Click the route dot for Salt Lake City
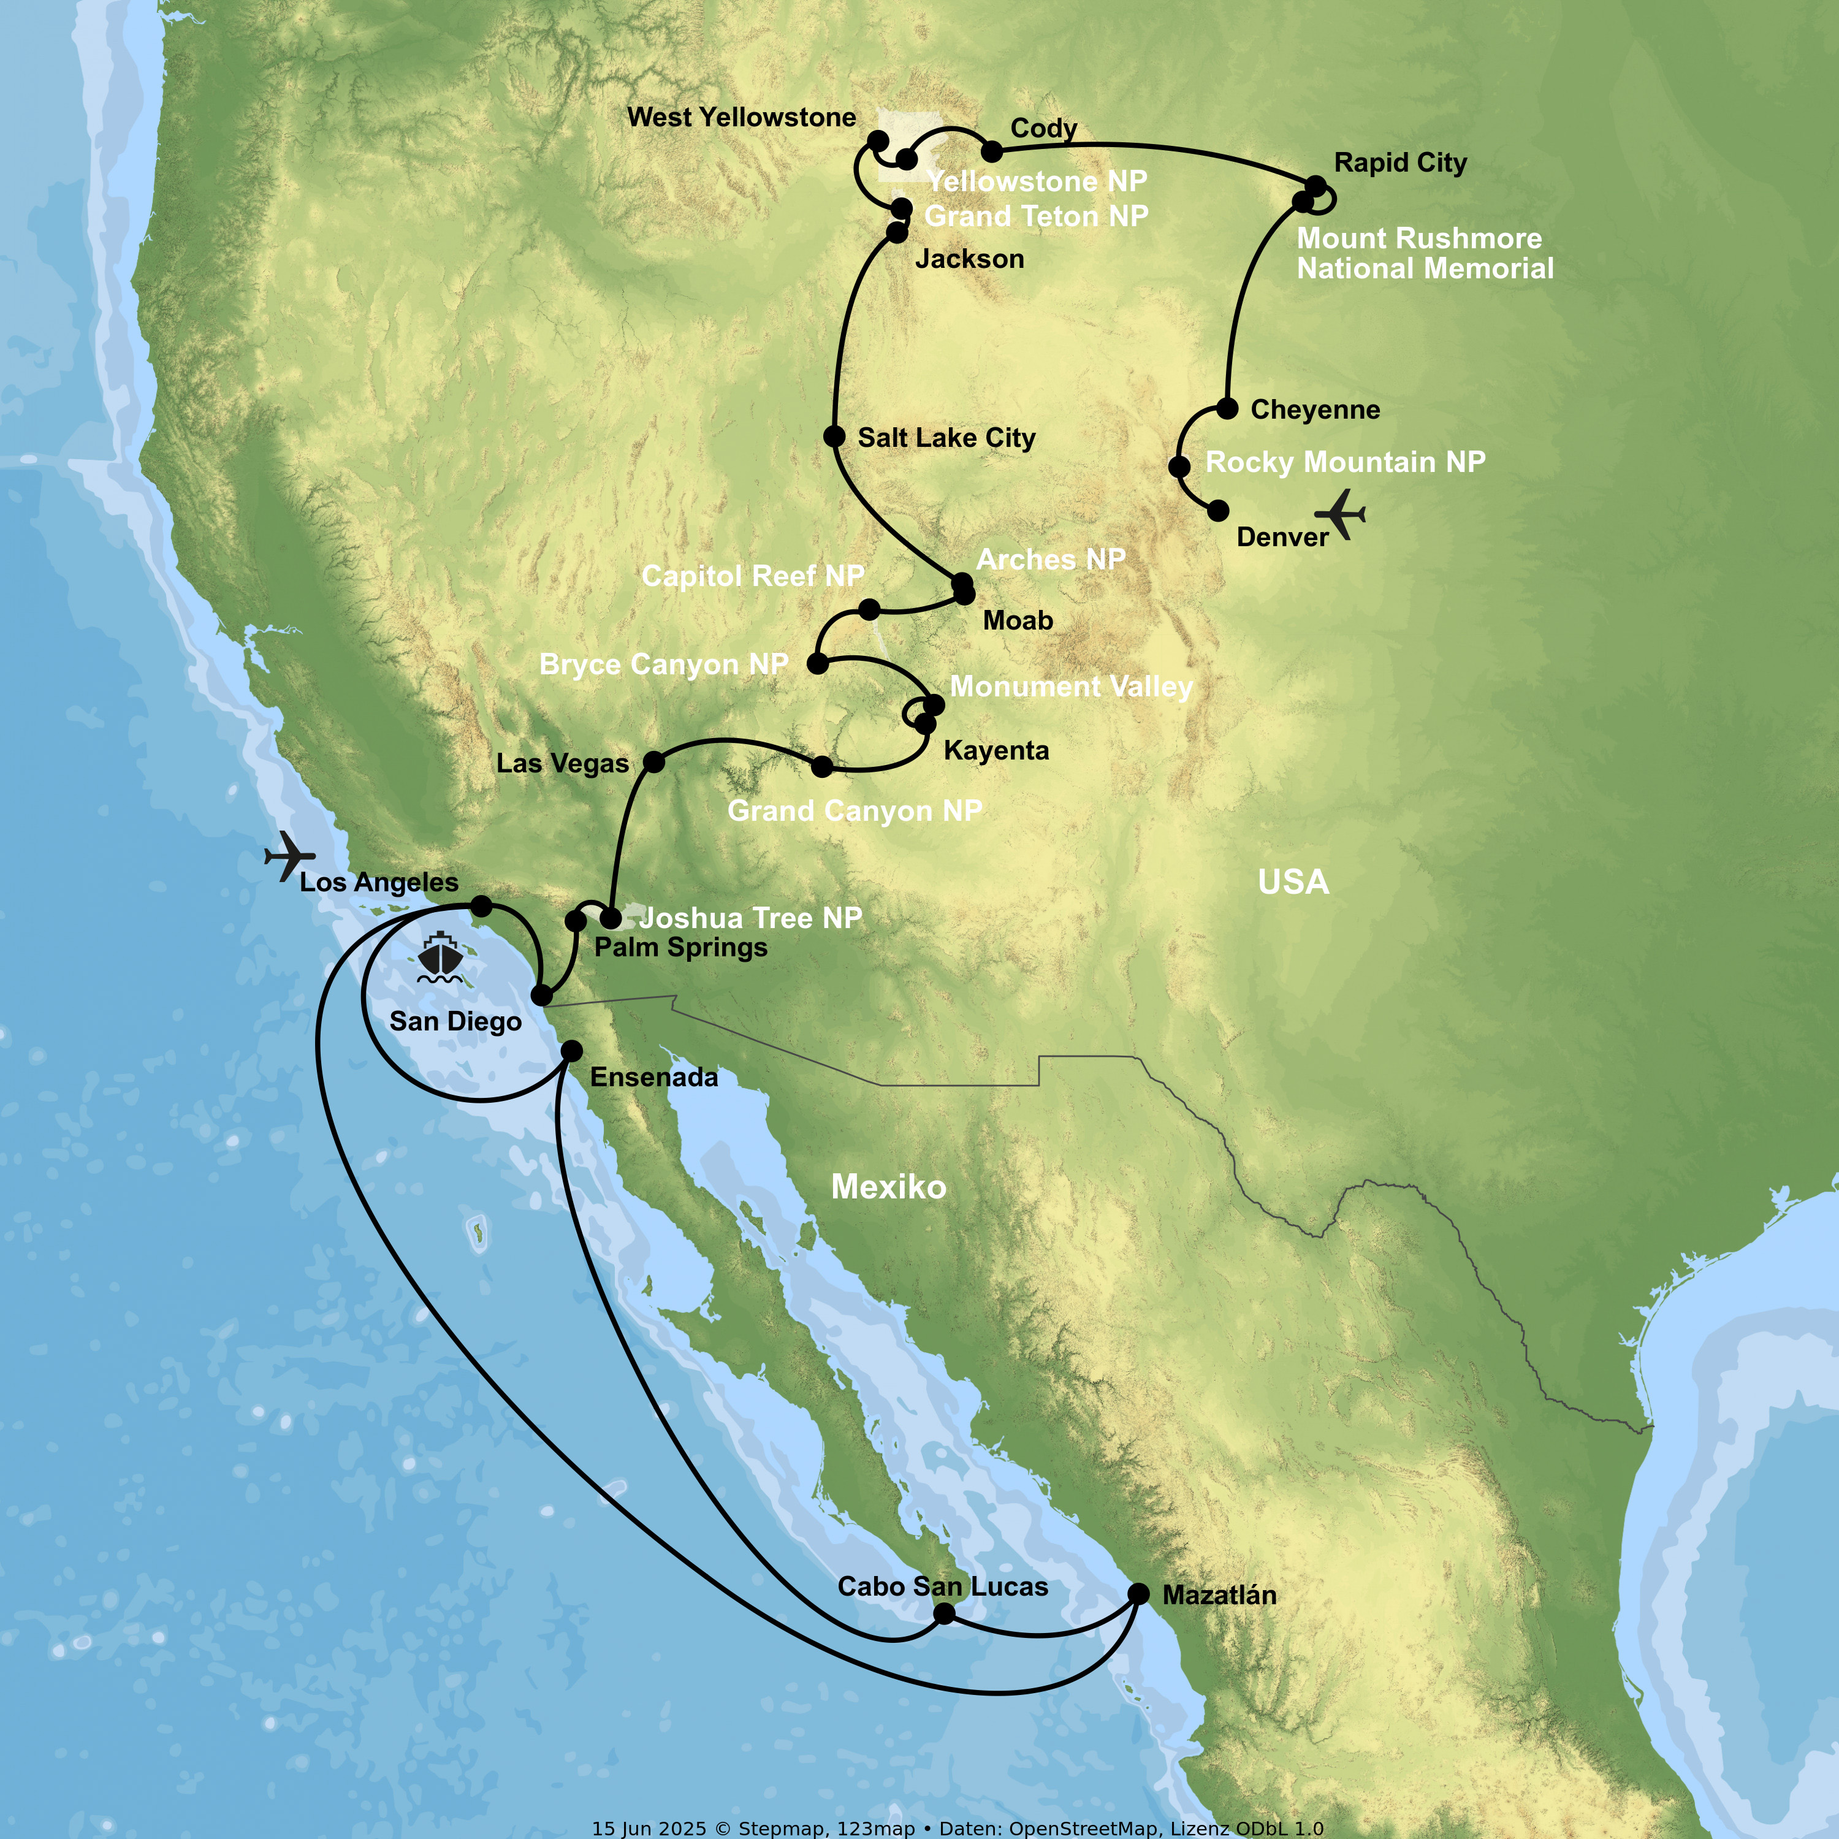tap(834, 437)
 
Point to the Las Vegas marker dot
tap(654, 761)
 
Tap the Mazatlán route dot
tap(1138, 1593)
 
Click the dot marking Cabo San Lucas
tap(944, 1613)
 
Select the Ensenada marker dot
tap(571, 1051)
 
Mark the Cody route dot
tap(992, 150)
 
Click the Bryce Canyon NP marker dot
tap(818, 663)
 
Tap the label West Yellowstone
tap(742, 117)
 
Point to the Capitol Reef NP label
tap(752, 576)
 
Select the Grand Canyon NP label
tap(854, 811)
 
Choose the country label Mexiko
tap(888, 1187)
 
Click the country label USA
tap(1293, 882)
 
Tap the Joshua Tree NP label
tap(750, 918)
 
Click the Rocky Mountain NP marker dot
tap(1179, 466)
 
